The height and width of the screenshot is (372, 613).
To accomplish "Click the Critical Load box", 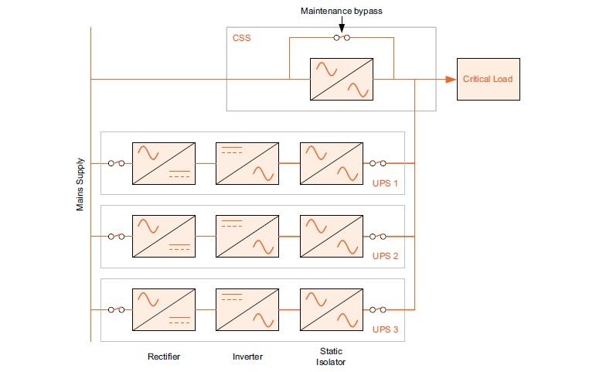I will (x=487, y=79).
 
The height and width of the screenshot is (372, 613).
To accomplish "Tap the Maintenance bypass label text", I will (x=341, y=12).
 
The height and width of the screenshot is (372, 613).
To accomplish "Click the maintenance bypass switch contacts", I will (x=341, y=38).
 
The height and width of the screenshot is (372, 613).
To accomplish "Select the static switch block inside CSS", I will (x=341, y=79).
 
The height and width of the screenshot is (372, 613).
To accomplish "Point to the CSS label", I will (x=241, y=38).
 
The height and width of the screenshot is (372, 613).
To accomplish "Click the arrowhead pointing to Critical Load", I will (x=449, y=79).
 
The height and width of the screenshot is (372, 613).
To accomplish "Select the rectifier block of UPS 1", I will (x=163, y=163).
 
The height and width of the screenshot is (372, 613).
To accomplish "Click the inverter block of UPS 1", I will (x=247, y=163).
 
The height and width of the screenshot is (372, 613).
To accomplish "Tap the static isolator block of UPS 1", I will (x=331, y=163).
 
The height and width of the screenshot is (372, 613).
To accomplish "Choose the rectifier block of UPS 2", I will (x=163, y=237).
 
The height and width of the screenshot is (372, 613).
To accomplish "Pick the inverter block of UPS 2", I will (x=247, y=237).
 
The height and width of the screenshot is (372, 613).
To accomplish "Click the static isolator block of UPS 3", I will (x=331, y=309).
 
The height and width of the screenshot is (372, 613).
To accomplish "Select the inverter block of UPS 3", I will (x=247, y=309).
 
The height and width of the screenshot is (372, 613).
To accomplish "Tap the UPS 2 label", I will (x=386, y=256).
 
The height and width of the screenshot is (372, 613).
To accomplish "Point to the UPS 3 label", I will (x=386, y=329).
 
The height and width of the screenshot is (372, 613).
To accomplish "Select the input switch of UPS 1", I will (x=117, y=163).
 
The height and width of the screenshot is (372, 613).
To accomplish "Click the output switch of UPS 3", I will (x=378, y=309).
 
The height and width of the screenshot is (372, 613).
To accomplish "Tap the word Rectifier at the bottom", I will (x=163, y=357).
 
